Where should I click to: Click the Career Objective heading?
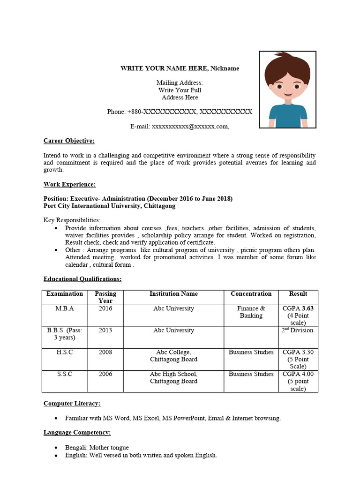(69, 141)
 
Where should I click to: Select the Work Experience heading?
(69, 184)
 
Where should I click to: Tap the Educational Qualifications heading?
(82, 279)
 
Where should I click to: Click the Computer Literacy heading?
(72, 403)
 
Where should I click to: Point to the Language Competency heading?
(77, 432)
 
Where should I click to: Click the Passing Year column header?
(105, 297)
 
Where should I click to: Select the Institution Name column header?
(173, 294)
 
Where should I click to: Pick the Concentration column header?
(251, 294)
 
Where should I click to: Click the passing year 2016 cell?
(105, 308)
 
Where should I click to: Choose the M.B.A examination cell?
(65, 308)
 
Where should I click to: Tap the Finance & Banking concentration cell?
(251, 312)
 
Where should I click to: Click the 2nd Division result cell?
(298, 330)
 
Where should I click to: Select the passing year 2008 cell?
(105, 352)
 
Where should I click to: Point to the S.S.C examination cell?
(65, 374)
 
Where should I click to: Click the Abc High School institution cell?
(173, 378)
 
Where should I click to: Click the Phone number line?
(180, 112)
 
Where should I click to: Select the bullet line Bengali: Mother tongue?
(97, 448)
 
